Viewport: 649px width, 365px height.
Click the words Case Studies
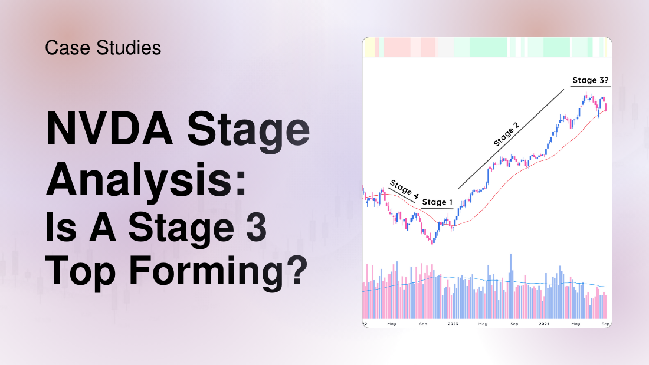pos(103,48)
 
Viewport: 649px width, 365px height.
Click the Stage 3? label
pos(590,80)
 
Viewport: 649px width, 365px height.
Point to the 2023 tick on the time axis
pos(453,324)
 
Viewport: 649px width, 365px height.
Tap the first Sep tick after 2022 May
pos(423,324)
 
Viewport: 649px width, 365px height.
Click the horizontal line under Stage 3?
pos(590,87)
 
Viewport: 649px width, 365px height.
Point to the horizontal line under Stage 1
pos(437,209)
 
